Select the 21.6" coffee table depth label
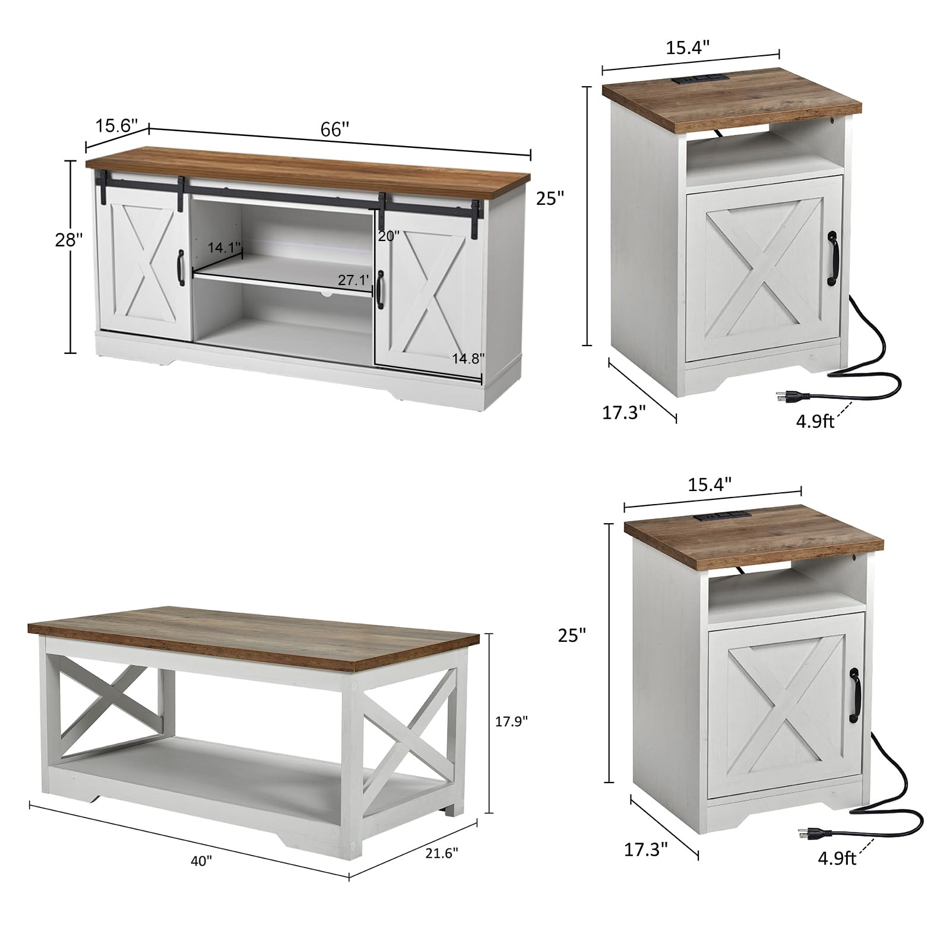tap(442, 853)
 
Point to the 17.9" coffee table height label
tap(511, 721)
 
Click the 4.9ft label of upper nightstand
tap(815, 421)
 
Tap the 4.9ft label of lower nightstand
tap(837, 859)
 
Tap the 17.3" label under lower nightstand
tap(646, 850)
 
